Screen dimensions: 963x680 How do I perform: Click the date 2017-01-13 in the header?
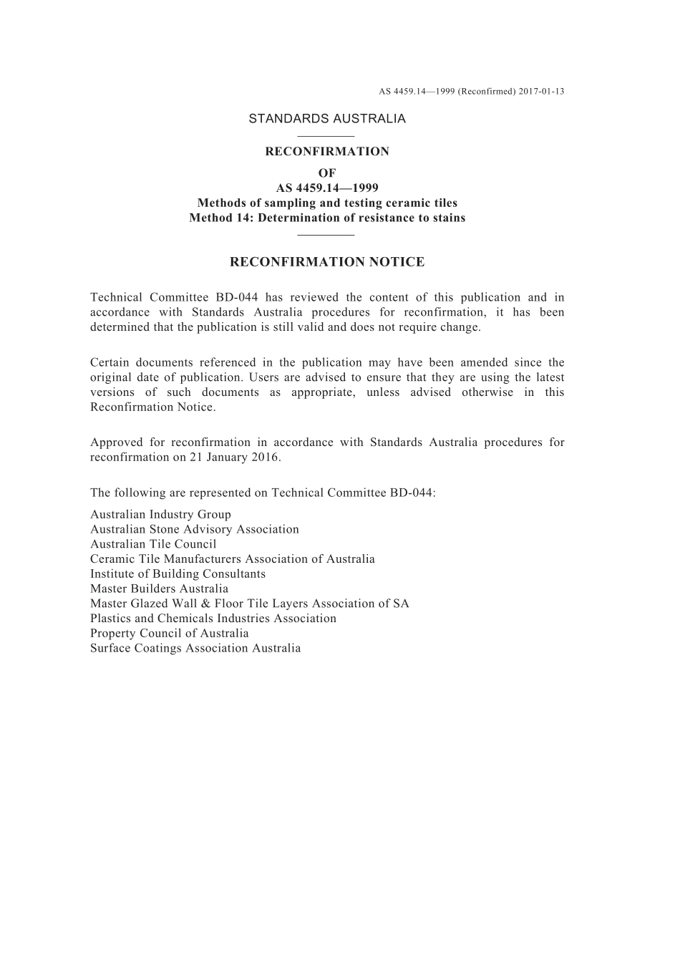541,92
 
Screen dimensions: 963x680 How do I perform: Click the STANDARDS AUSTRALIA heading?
327,119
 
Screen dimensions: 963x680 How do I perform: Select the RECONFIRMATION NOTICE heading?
327,262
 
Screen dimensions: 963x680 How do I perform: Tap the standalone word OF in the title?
327,173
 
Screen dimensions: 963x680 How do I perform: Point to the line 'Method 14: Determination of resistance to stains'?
327,218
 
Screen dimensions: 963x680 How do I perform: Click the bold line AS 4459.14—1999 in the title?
327,188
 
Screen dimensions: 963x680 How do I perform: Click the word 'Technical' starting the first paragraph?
115,297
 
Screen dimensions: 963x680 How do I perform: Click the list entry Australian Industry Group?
160,514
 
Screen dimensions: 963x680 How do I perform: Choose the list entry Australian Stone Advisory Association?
195,529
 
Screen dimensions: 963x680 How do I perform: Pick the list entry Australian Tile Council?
153,544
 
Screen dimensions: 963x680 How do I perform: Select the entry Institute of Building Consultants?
178,574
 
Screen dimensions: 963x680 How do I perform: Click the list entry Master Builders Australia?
159,589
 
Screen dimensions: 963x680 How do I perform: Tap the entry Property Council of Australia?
170,633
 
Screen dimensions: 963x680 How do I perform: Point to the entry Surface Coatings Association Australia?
195,648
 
